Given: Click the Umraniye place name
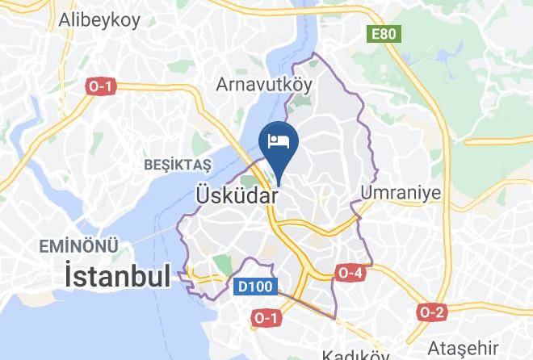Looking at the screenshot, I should pyautogui.click(x=401, y=193).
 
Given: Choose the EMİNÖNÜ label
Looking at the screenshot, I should pyautogui.click(x=81, y=245).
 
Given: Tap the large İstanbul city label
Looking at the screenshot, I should pyautogui.click(x=117, y=278).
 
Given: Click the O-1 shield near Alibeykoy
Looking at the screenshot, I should pyautogui.click(x=99, y=86).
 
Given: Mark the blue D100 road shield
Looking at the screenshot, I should pyautogui.click(x=258, y=286).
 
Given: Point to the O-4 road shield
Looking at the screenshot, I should pyautogui.click(x=349, y=273).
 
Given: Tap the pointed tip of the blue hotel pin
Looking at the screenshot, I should pyautogui.click(x=279, y=182).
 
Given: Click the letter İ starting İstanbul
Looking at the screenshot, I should pyautogui.click(x=70, y=278).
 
